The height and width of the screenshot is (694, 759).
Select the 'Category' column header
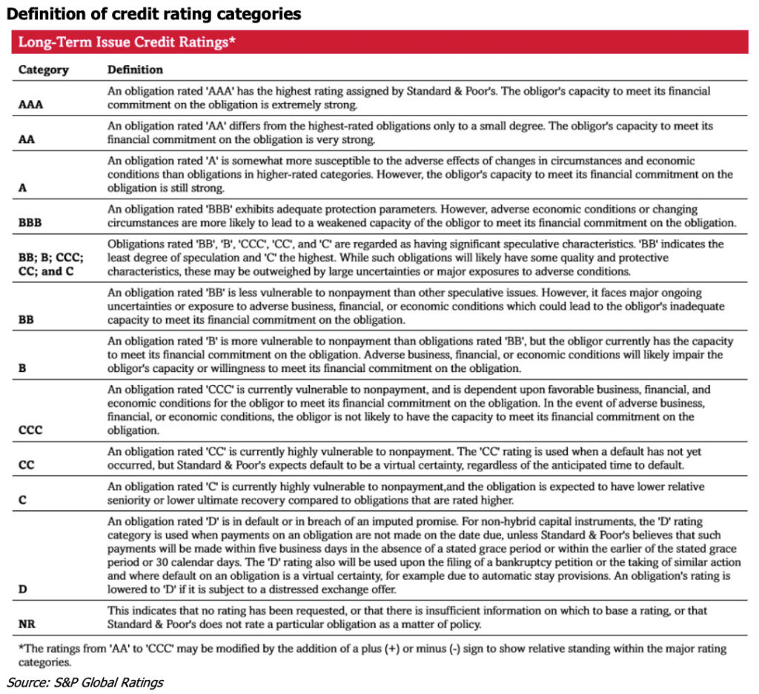pyautogui.click(x=43, y=70)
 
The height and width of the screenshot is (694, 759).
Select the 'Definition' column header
pyautogui.click(x=135, y=70)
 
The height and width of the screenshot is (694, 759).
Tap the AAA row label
pyautogui.click(x=30, y=104)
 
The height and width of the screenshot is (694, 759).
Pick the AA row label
pyautogui.click(x=25, y=139)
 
